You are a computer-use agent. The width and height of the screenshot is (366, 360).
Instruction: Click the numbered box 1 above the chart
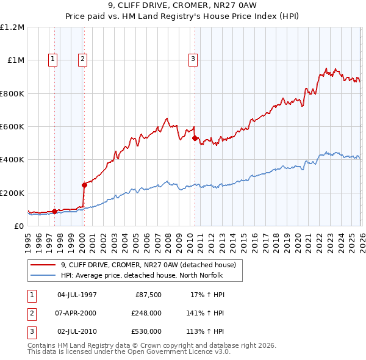tap(54, 59)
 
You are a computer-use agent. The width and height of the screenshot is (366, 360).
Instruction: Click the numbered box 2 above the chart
tap(82, 59)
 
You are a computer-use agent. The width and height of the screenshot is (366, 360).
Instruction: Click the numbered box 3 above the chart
tap(193, 59)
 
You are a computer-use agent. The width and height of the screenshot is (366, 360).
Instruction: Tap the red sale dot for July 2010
tap(195, 139)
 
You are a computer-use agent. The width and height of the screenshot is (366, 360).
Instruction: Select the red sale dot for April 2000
tap(84, 185)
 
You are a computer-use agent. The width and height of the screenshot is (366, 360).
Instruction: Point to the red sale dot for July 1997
tap(54, 212)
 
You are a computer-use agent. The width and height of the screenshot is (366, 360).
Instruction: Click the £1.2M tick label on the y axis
tap(12, 27)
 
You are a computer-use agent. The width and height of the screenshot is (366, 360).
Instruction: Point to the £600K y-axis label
tap(12, 127)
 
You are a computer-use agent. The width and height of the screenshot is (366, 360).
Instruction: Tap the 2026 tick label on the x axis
tap(361, 240)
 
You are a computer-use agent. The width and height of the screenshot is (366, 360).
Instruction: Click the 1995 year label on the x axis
tap(28, 240)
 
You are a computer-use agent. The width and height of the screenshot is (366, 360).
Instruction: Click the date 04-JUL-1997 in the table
tap(77, 295)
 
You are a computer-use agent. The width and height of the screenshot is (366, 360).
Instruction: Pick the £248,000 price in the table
tap(146, 313)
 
